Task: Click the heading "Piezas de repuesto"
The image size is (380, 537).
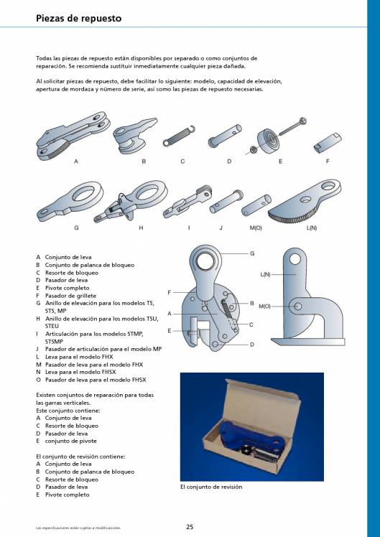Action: click(78, 18)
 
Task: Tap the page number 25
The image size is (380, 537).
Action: click(190, 527)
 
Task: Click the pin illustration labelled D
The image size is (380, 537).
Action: click(224, 136)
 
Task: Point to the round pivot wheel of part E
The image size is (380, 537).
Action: click(268, 141)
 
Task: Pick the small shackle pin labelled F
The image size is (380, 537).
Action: click(328, 143)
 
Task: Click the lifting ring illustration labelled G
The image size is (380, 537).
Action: click(70, 201)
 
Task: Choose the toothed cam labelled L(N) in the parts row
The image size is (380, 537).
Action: click(305, 200)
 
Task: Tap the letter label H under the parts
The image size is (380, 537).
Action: click(141, 228)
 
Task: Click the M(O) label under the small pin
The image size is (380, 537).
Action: click(256, 228)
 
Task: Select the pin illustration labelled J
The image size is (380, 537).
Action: click(226, 201)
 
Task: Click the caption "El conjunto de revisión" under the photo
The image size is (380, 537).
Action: click(211, 487)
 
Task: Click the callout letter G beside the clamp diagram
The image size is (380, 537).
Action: click(252, 253)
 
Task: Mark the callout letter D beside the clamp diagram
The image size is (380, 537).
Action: click(252, 345)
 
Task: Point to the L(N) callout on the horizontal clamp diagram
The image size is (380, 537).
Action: click(265, 274)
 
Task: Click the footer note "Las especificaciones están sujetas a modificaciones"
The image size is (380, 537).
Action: click(78, 528)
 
